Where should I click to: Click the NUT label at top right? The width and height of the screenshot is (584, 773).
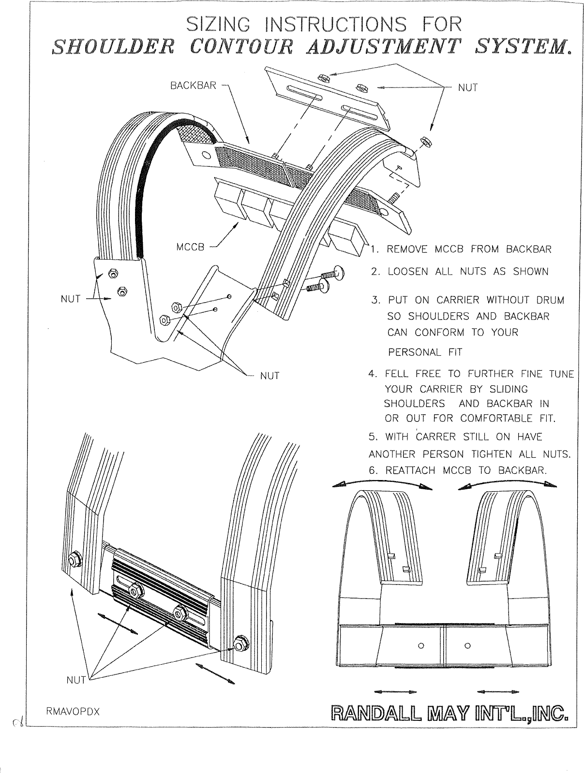(468, 88)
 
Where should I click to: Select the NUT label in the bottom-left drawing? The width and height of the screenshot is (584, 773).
(75, 681)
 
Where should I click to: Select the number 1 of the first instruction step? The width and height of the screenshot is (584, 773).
(374, 250)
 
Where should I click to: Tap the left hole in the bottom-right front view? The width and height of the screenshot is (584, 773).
(420, 645)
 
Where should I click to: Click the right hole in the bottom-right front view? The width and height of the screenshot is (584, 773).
(467, 645)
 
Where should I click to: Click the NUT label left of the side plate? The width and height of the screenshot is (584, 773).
(70, 299)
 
